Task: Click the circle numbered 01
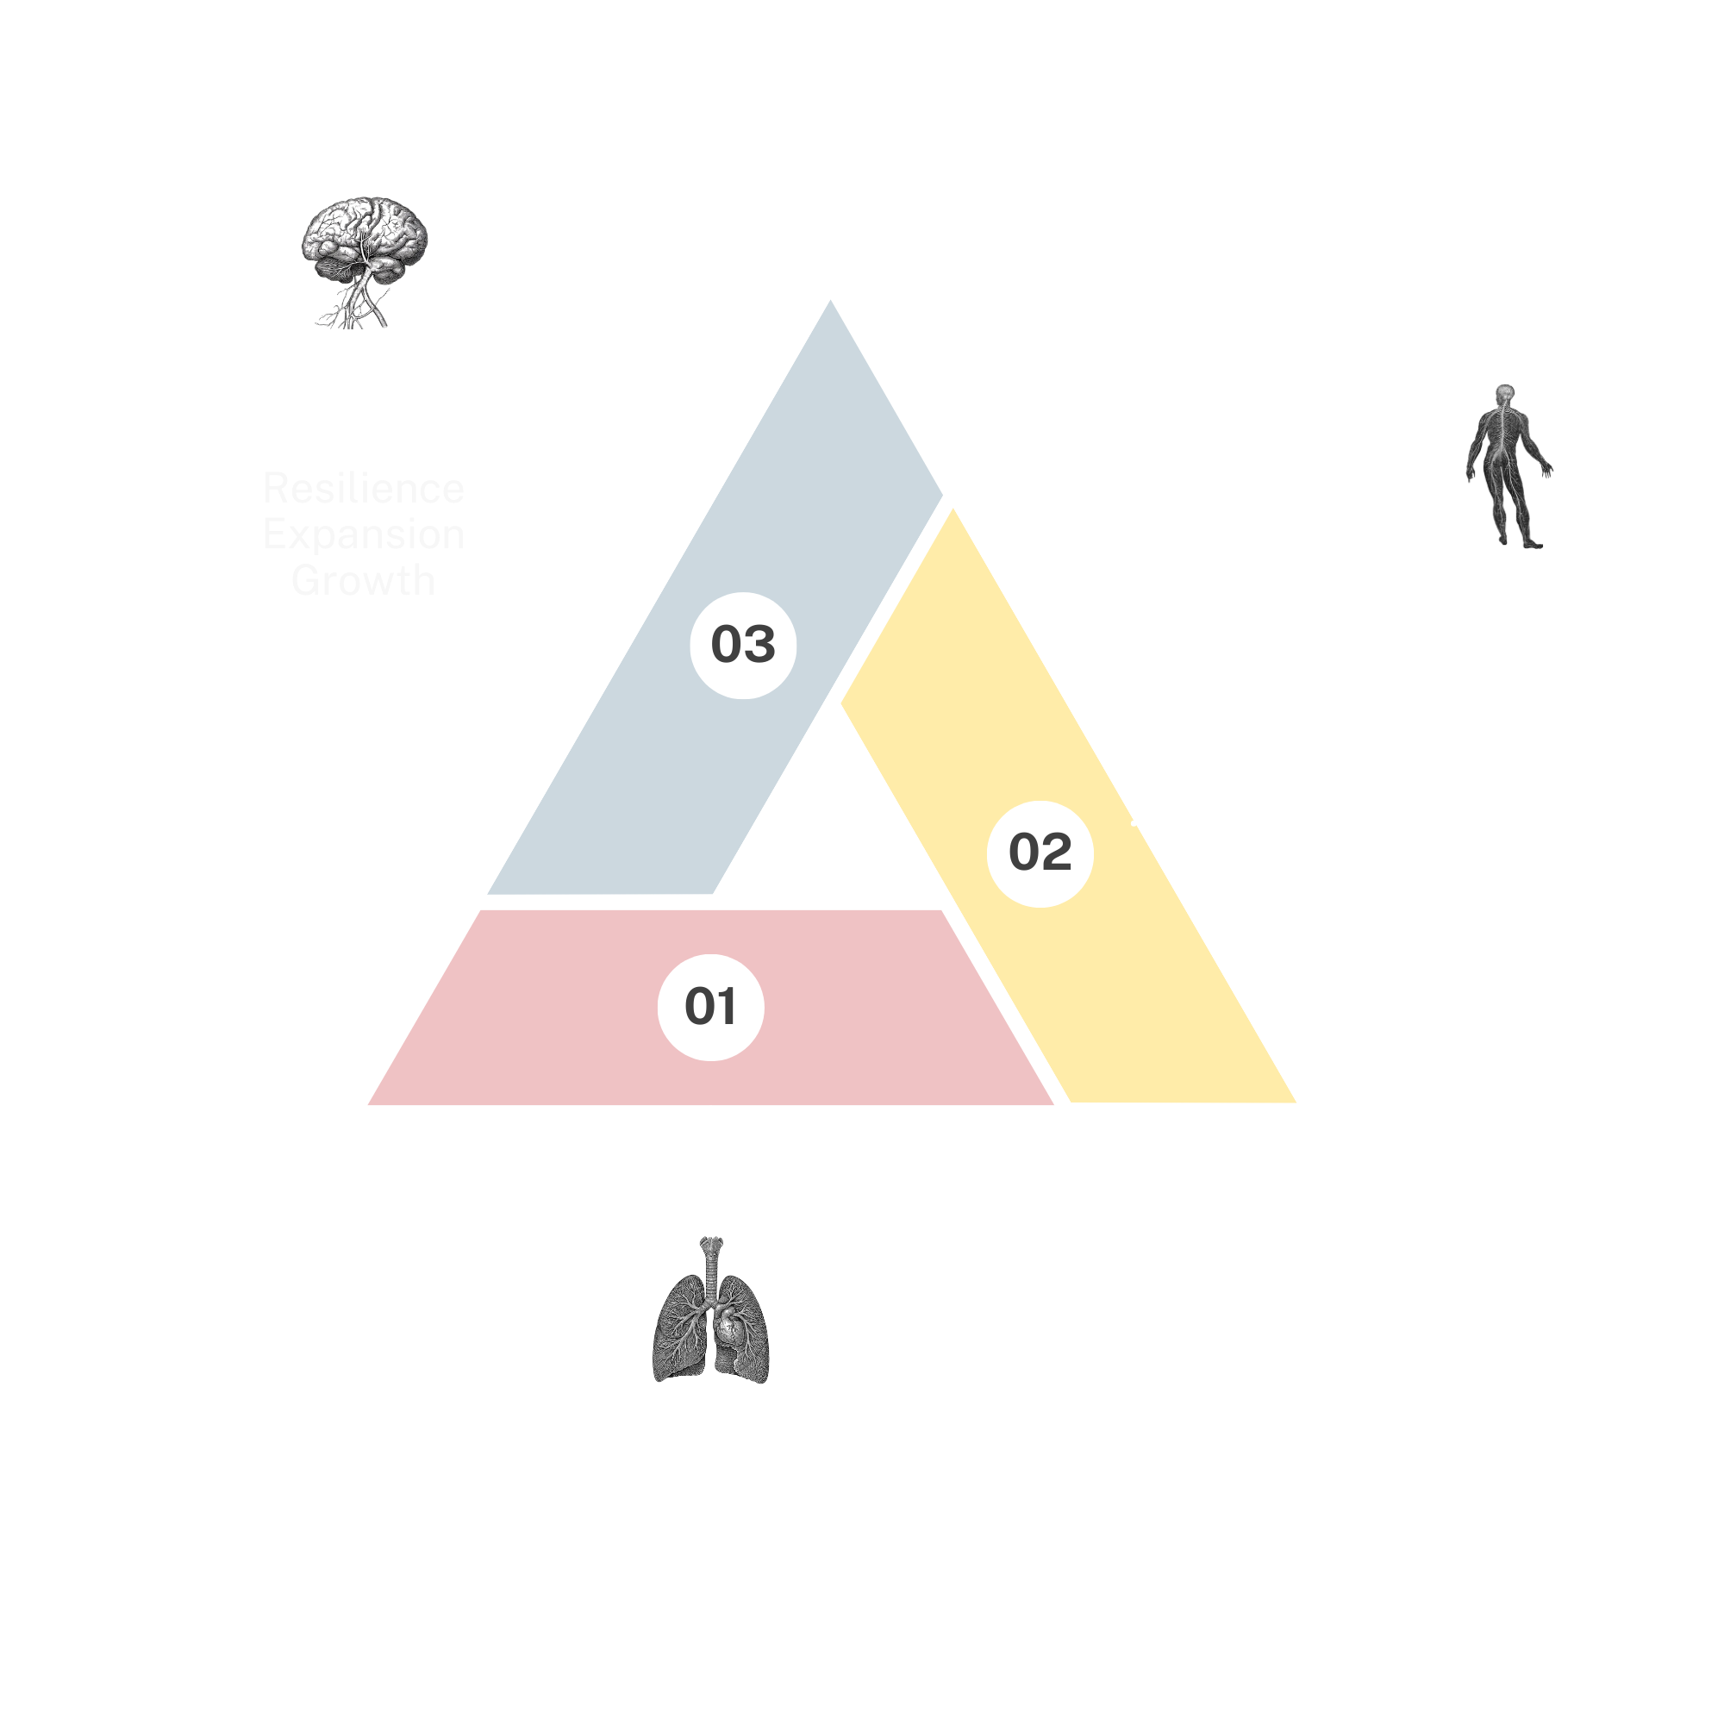(x=710, y=1007)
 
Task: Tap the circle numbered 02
(x=1040, y=853)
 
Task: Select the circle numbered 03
(x=742, y=644)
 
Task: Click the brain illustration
(x=363, y=259)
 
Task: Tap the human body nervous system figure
(x=1507, y=464)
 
